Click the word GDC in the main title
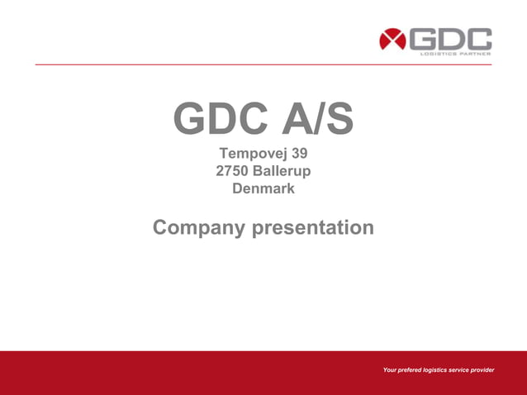click(221, 121)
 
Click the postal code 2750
click(232, 172)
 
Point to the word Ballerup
click(282, 172)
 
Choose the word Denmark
click(263, 189)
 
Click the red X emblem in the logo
click(392, 40)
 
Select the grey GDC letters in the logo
click(451, 39)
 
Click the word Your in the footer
click(390, 369)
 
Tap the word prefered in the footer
click(411, 369)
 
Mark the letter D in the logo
click(451, 39)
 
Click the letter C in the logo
click(479, 39)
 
